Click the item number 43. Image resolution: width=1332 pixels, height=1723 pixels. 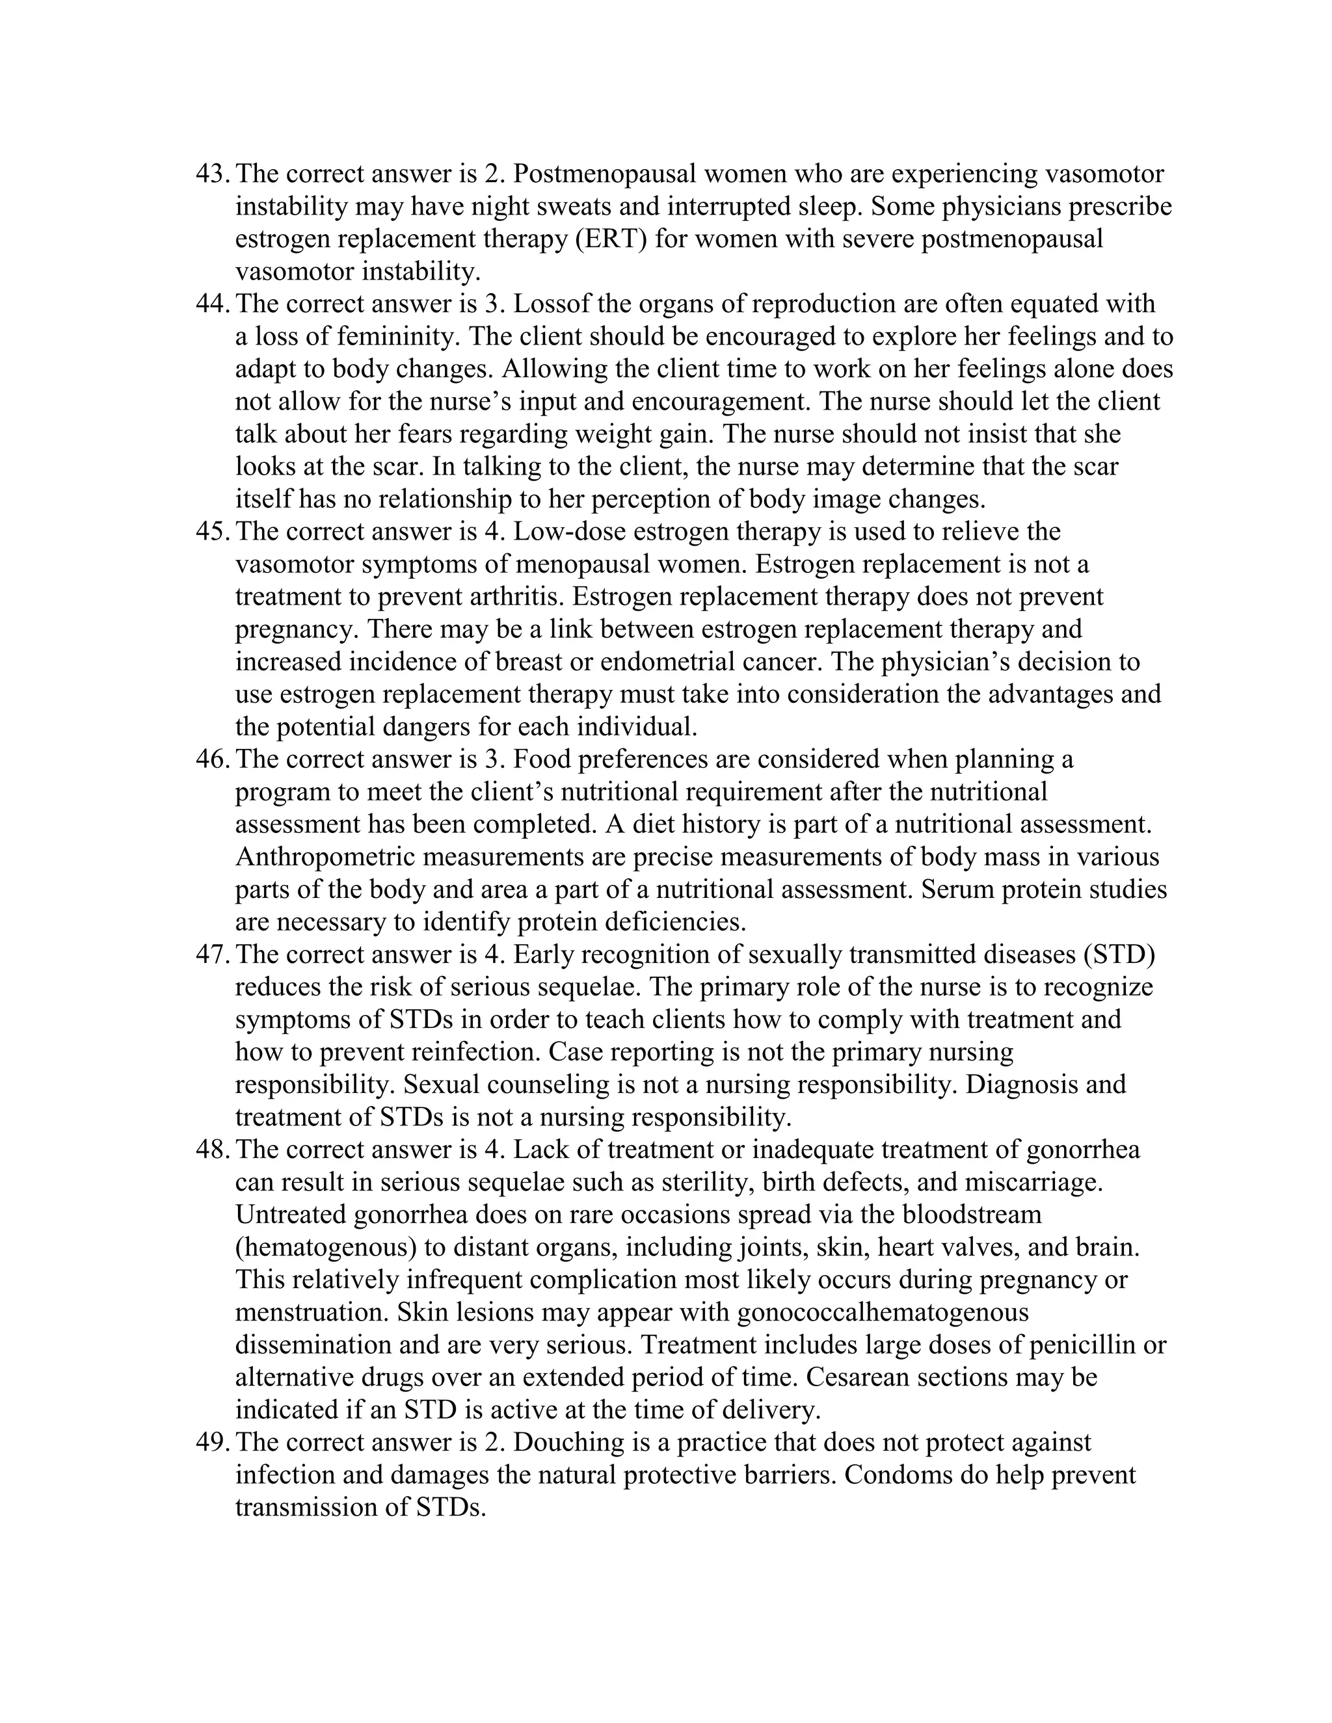click(211, 174)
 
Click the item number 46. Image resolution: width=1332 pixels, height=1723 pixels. click(211, 759)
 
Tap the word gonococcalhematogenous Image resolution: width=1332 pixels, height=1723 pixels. click(882, 1313)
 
